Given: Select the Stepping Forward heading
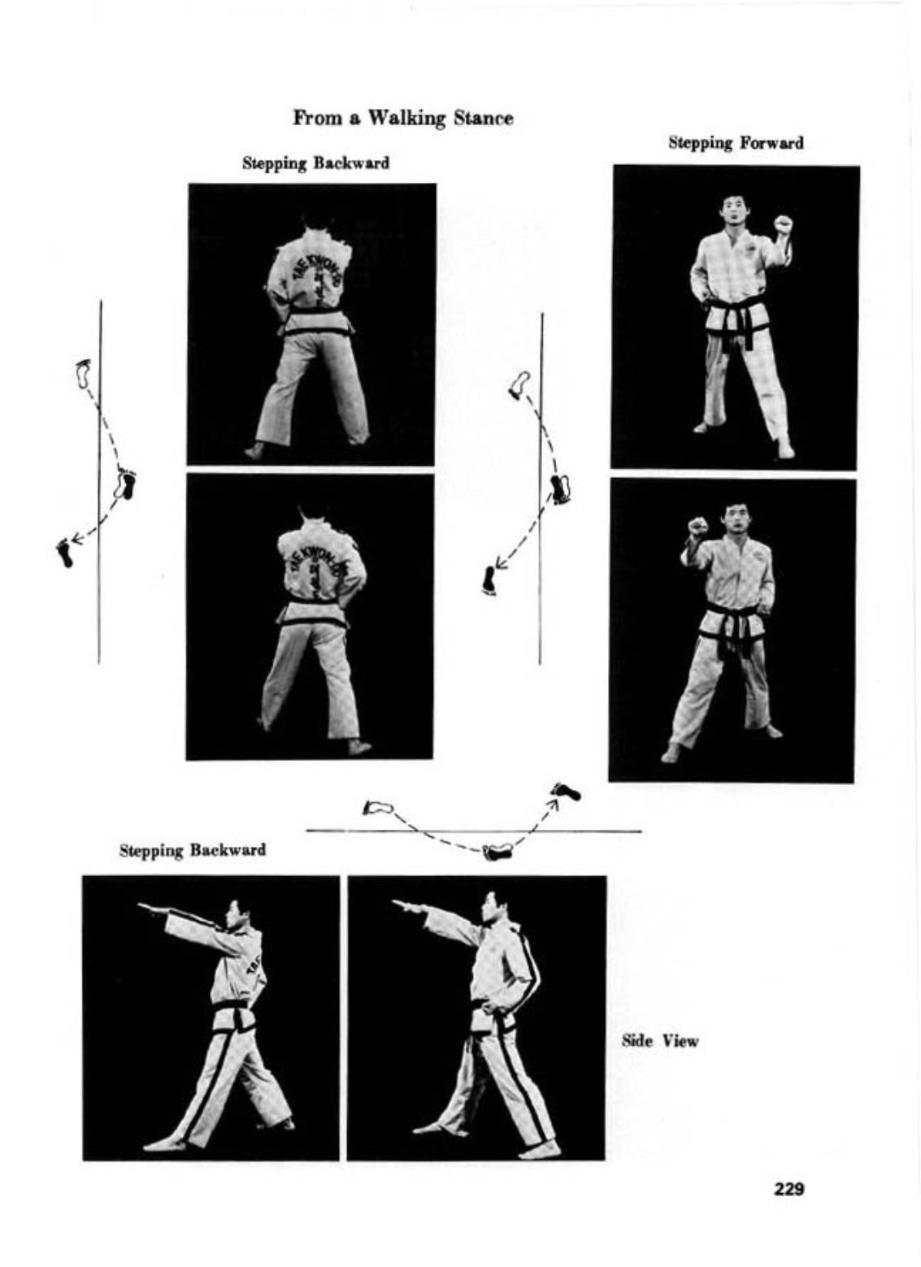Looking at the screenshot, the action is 736,143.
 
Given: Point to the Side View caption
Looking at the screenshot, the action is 659,1040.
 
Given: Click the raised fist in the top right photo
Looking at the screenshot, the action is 783,224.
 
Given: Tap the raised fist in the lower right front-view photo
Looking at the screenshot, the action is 698,527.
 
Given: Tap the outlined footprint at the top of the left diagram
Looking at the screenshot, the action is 85,373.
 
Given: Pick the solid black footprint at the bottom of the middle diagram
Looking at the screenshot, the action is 489,581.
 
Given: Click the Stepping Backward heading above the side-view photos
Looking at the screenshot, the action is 193,851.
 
